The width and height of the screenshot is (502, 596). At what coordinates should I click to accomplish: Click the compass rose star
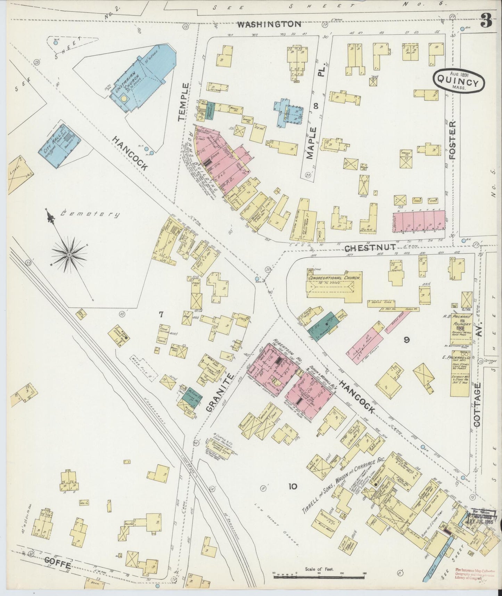[x=69, y=255]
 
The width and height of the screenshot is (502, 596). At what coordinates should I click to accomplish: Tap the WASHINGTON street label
[x=269, y=24]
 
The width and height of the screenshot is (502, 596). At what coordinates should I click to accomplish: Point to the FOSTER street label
[x=452, y=140]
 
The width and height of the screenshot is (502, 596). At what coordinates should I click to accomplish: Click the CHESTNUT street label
[x=371, y=247]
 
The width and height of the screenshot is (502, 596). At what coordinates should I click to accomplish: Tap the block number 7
[x=161, y=315]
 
